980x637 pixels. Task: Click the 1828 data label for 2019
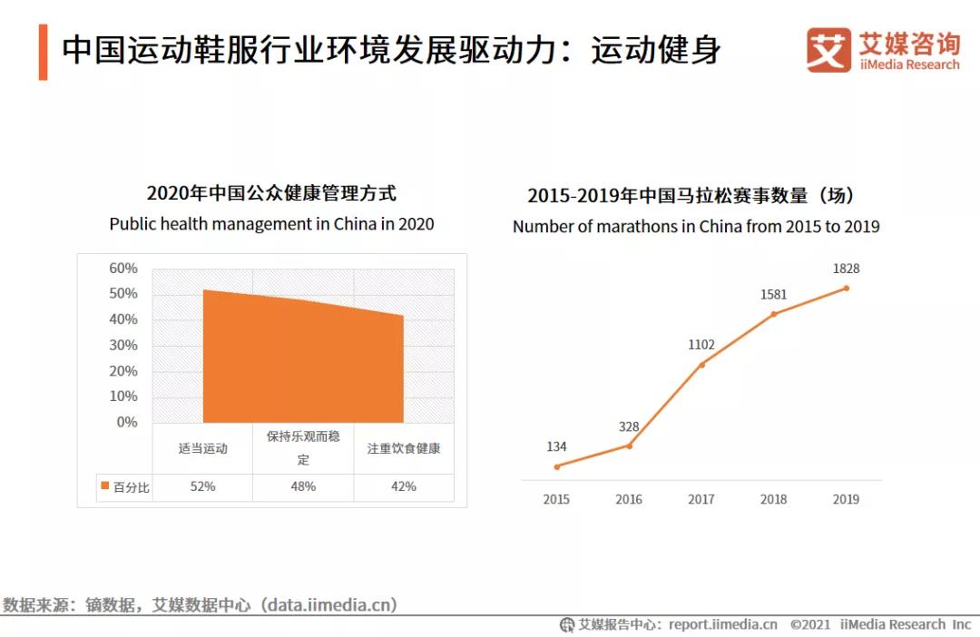(x=846, y=269)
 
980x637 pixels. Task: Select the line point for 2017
(x=701, y=365)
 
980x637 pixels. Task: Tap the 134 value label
(x=556, y=446)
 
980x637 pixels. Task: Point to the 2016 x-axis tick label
(x=629, y=499)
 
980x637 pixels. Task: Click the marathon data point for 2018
(x=774, y=314)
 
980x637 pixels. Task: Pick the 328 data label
(x=629, y=426)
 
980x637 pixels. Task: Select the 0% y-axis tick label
(x=127, y=422)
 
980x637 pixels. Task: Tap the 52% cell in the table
(x=202, y=486)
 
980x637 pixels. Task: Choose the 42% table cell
(x=404, y=486)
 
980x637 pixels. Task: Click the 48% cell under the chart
(x=303, y=486)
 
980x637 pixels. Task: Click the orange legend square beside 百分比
(x=104, y=487)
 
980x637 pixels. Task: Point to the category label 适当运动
(x=202, y=448)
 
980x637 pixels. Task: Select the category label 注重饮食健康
(x=404, y=448)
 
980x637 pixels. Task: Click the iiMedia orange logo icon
(x=828, y=50)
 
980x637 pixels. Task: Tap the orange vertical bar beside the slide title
(x=43, y=53)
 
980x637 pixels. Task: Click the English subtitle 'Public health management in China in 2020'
(x=271, y=224)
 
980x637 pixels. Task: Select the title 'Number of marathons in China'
(x=696, y=227)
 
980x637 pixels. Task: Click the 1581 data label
(x=774, y=294)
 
